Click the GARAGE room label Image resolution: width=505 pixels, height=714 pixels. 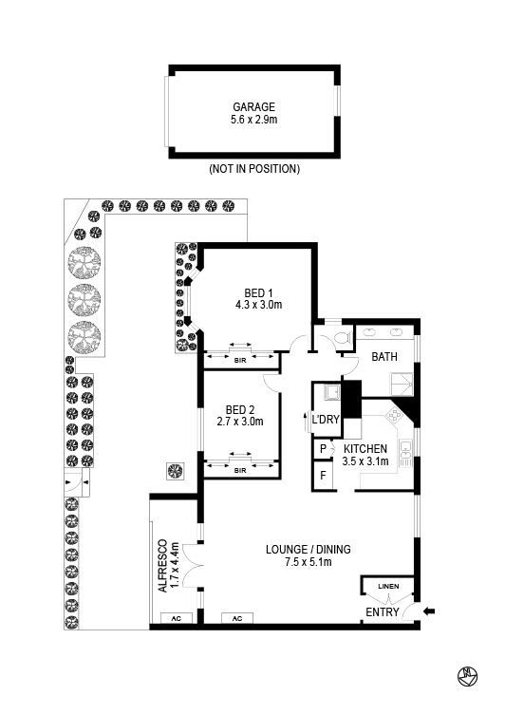(x=254, y=107)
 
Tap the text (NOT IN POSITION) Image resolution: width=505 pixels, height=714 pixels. (x=254, y=169)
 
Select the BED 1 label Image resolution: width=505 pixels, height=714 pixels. (x=258, y=292)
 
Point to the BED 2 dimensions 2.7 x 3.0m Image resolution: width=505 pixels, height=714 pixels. (x=240, y=422)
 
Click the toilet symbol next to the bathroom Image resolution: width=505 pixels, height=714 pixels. (x=343, y=337)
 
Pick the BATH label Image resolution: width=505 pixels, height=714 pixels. (x=384, y=357)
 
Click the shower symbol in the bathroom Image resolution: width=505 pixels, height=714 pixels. (x=402, y=384)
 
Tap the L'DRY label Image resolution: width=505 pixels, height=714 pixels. (x=326, y=419)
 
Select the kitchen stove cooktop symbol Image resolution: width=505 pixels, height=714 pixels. (x=394, y=416)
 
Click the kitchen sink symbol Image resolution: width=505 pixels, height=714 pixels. (x=405, y=453)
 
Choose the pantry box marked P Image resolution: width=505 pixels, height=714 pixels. (x=323, y=449)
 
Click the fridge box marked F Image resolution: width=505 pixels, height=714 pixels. (x=323, y=476)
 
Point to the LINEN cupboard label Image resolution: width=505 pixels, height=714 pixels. (x=388, y=586)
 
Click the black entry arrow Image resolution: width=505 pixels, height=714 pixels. (x=429, y=611)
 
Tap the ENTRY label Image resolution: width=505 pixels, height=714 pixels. (x=383, y=612)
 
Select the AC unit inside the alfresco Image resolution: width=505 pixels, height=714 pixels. (x=177, y=618)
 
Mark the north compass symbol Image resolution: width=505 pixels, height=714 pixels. (x=467, y=676)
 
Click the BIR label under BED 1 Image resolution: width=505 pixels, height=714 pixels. (x=240, y=361)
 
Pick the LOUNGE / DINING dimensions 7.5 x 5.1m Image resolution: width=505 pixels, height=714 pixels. (x=309, y=562)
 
